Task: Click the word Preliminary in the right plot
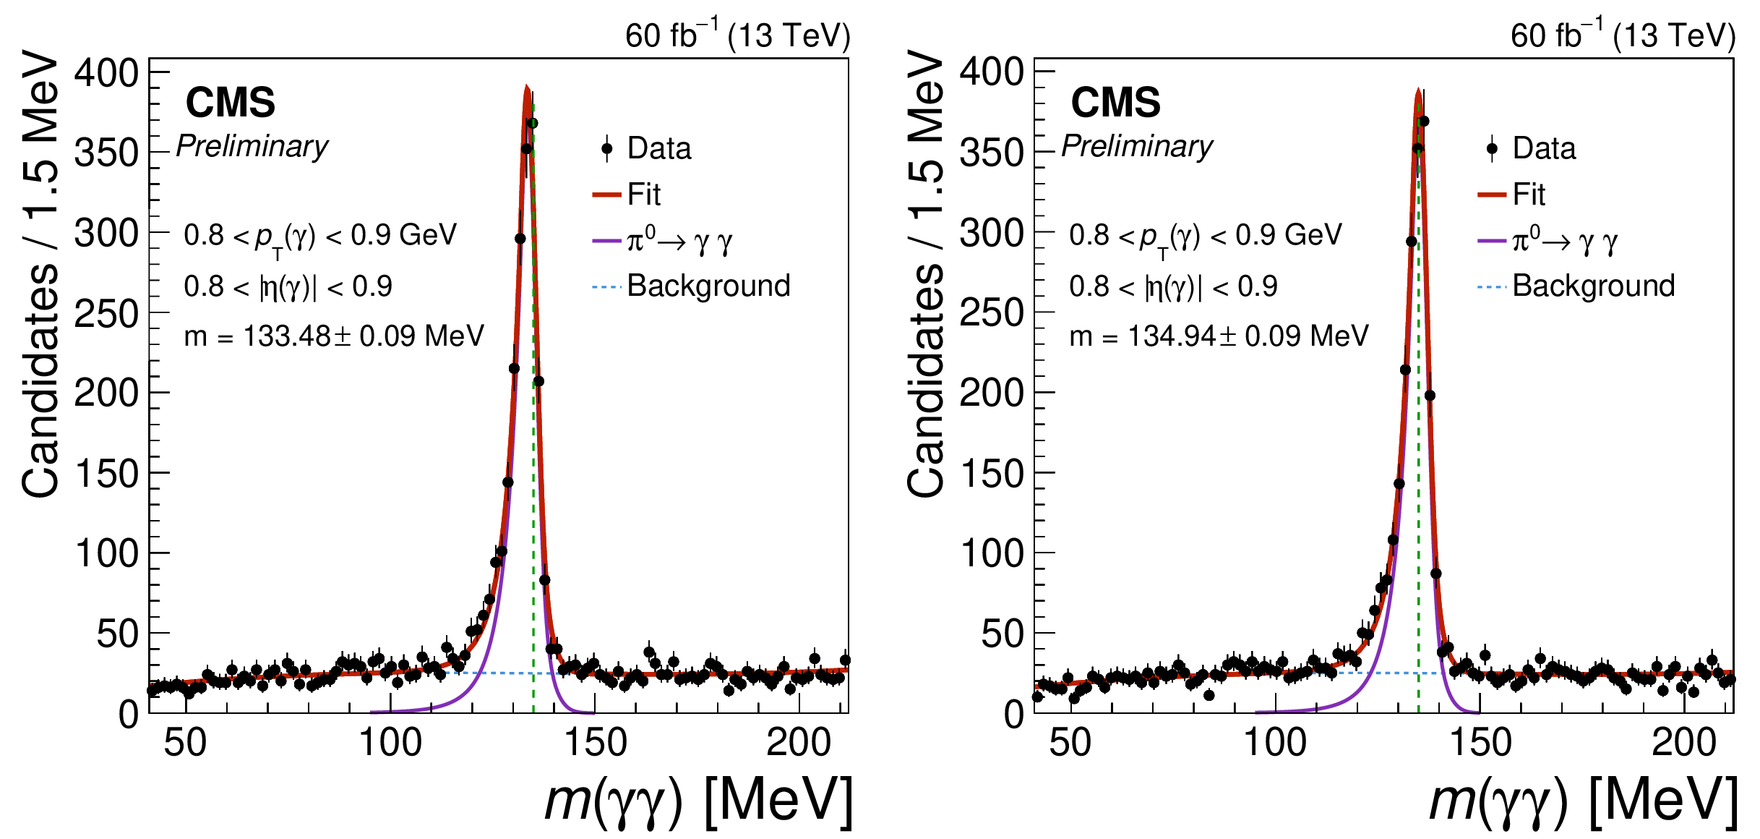tap(1137, 146)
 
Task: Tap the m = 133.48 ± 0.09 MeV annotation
tap(333, 336)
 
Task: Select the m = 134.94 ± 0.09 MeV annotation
tap(1219, 336)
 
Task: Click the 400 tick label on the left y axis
tap(106, 73)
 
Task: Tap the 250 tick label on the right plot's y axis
tap(992, 313)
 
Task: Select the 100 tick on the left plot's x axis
tap(390, 743)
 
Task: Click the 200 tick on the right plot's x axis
tap(1683, 743)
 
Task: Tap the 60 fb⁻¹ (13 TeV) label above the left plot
tap(737, 35)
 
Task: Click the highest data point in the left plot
tap(532, 123)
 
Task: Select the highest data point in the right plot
tap(1423, 121)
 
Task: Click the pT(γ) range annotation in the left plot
tap(320, 236)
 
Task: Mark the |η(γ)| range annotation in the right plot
tap(1172, 286)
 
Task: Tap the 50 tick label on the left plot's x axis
tap(185, 743)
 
